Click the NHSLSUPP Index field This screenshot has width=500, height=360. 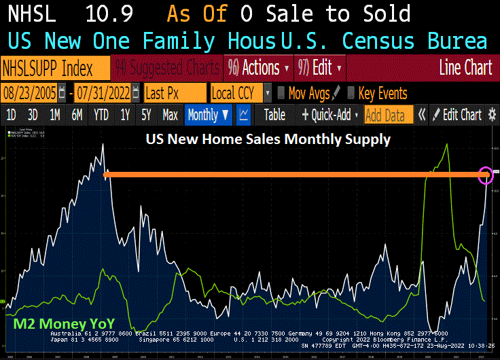click(x=56, y=69)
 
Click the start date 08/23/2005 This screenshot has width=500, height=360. click(x=30, y=92)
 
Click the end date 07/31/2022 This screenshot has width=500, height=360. click(x=103, y=92)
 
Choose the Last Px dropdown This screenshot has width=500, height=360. click(x=175, y=92)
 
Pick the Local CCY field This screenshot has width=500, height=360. click(x=235, y=92)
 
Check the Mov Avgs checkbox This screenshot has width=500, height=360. click(x=281, y=93)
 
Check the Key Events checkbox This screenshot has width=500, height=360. click(x=351, y=93)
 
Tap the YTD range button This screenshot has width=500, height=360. click(x=101, y=115)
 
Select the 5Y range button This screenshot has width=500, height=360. click(x=146, y=115)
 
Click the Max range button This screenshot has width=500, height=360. click(x=171, y=115)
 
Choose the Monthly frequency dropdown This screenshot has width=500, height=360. click(x=207, y=115)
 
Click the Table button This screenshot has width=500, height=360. click(x=274, y=115)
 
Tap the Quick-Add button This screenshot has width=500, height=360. click(x=329, y=115)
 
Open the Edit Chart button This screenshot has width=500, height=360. click(x=457, y=115)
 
